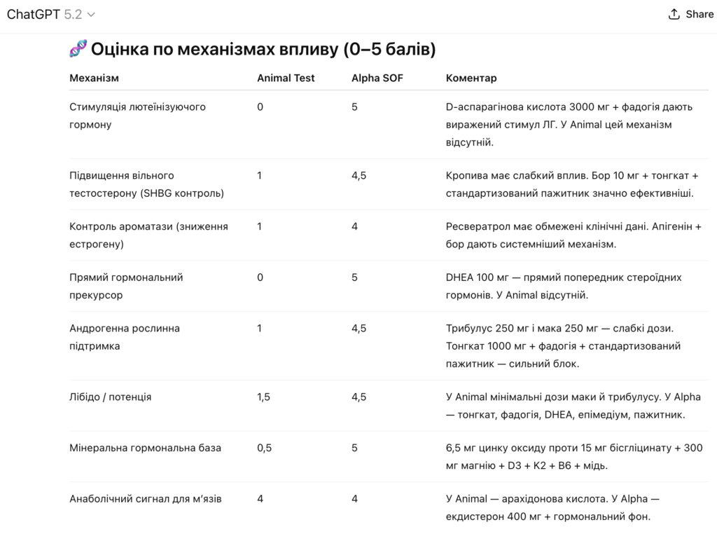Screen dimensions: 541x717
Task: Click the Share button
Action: pos(690,14)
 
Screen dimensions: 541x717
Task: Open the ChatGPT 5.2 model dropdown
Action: pos(51,14)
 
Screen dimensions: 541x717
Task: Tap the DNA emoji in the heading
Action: pos(78,50)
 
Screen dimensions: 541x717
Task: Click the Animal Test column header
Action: pos(286,78)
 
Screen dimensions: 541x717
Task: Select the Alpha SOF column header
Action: pos(377,78)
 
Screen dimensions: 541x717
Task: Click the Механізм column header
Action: pos(95,78)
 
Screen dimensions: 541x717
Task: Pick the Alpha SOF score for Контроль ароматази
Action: pos(354,226)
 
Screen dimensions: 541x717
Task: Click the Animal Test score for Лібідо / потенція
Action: pos(263,397)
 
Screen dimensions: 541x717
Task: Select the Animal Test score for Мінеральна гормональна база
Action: pos(264,448)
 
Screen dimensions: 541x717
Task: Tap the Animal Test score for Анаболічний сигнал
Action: pos(260,499)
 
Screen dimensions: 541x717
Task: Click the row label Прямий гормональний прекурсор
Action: pos(126,286)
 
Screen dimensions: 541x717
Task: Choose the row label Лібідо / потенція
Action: pos(111,397)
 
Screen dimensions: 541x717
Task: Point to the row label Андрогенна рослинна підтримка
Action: pos(125,337)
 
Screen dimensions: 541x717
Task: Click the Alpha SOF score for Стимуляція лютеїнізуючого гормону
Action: pos(354,107)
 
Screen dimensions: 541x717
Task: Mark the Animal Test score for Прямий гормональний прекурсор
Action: pos(260,278)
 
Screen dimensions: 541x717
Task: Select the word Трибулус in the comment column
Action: pos(468,328)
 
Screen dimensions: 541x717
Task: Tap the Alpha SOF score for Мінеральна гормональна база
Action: pos(354,448)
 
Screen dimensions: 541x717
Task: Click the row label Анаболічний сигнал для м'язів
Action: pos(146,499)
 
